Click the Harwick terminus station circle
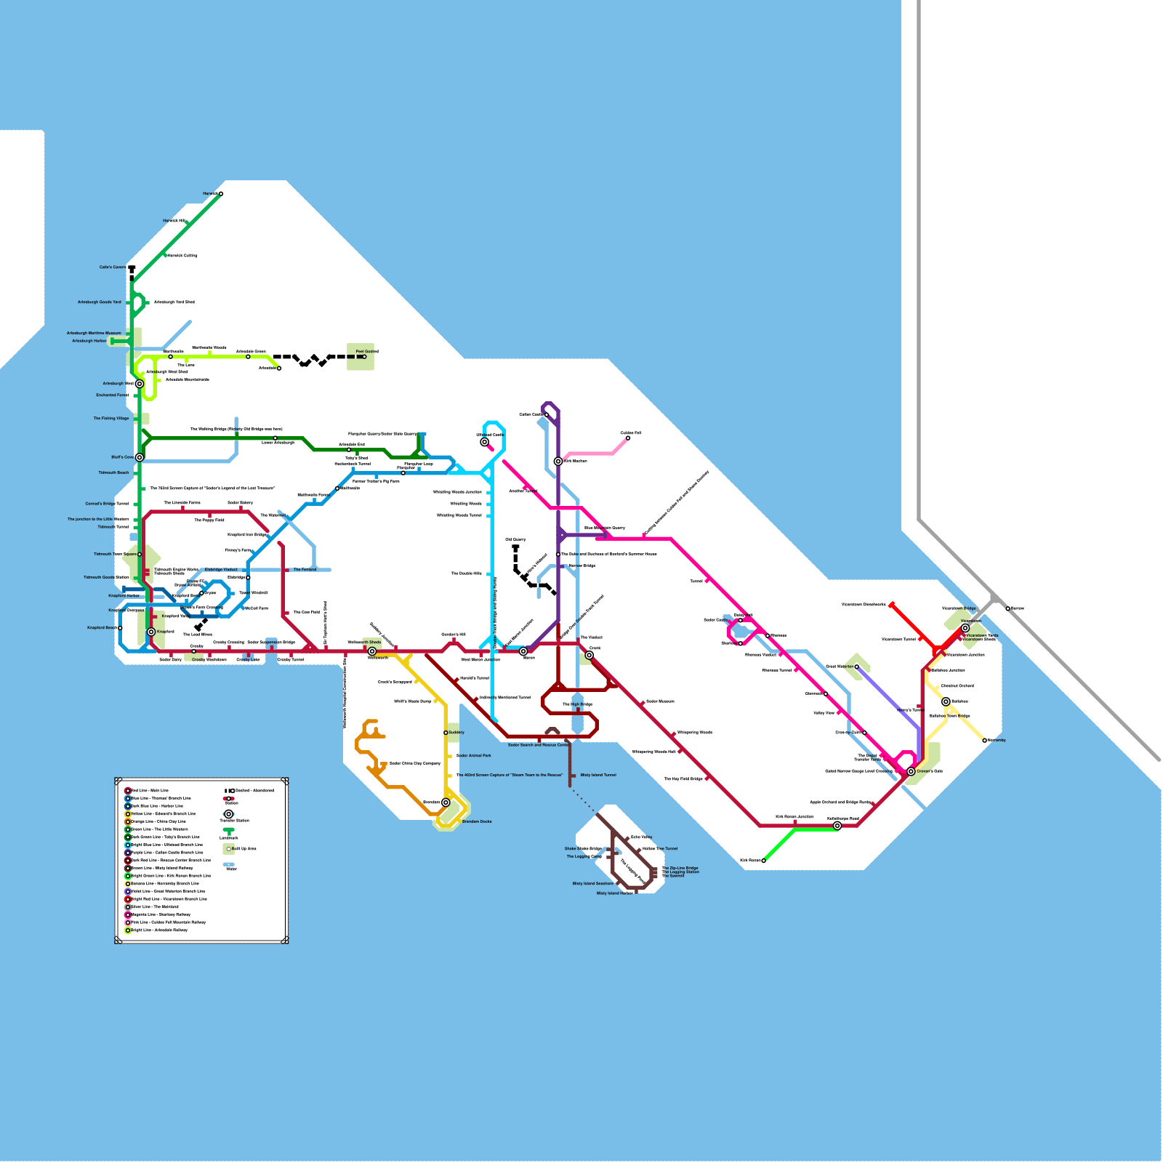click(x=221, y=194)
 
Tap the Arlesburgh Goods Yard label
click(x=100, y=302)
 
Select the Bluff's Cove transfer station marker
click(x=140, y=457)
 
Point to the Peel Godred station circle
click(x=364, y=357)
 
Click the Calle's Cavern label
click(x=113, y=267)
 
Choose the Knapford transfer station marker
click(x=151, y=632)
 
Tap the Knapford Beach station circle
click(x=120, y=628)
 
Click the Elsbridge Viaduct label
click(x=221, y=570)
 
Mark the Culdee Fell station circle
click(x=628, y=438)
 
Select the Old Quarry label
click(x=515, y=540)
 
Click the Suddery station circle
click(x=446, y=733)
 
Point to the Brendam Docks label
click(x=477, y=822)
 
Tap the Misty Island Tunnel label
click(x=598, y=776)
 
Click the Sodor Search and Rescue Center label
click(x=539, y=745)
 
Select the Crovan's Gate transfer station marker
click(x=911, y=771)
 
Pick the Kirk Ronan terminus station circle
click(x=763, y=861)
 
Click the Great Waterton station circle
click(x=856, y=667)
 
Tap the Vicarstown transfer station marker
click(x=965, y=628)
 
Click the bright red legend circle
click(x=128, y=899)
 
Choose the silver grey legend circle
click(x=128, y=907)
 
